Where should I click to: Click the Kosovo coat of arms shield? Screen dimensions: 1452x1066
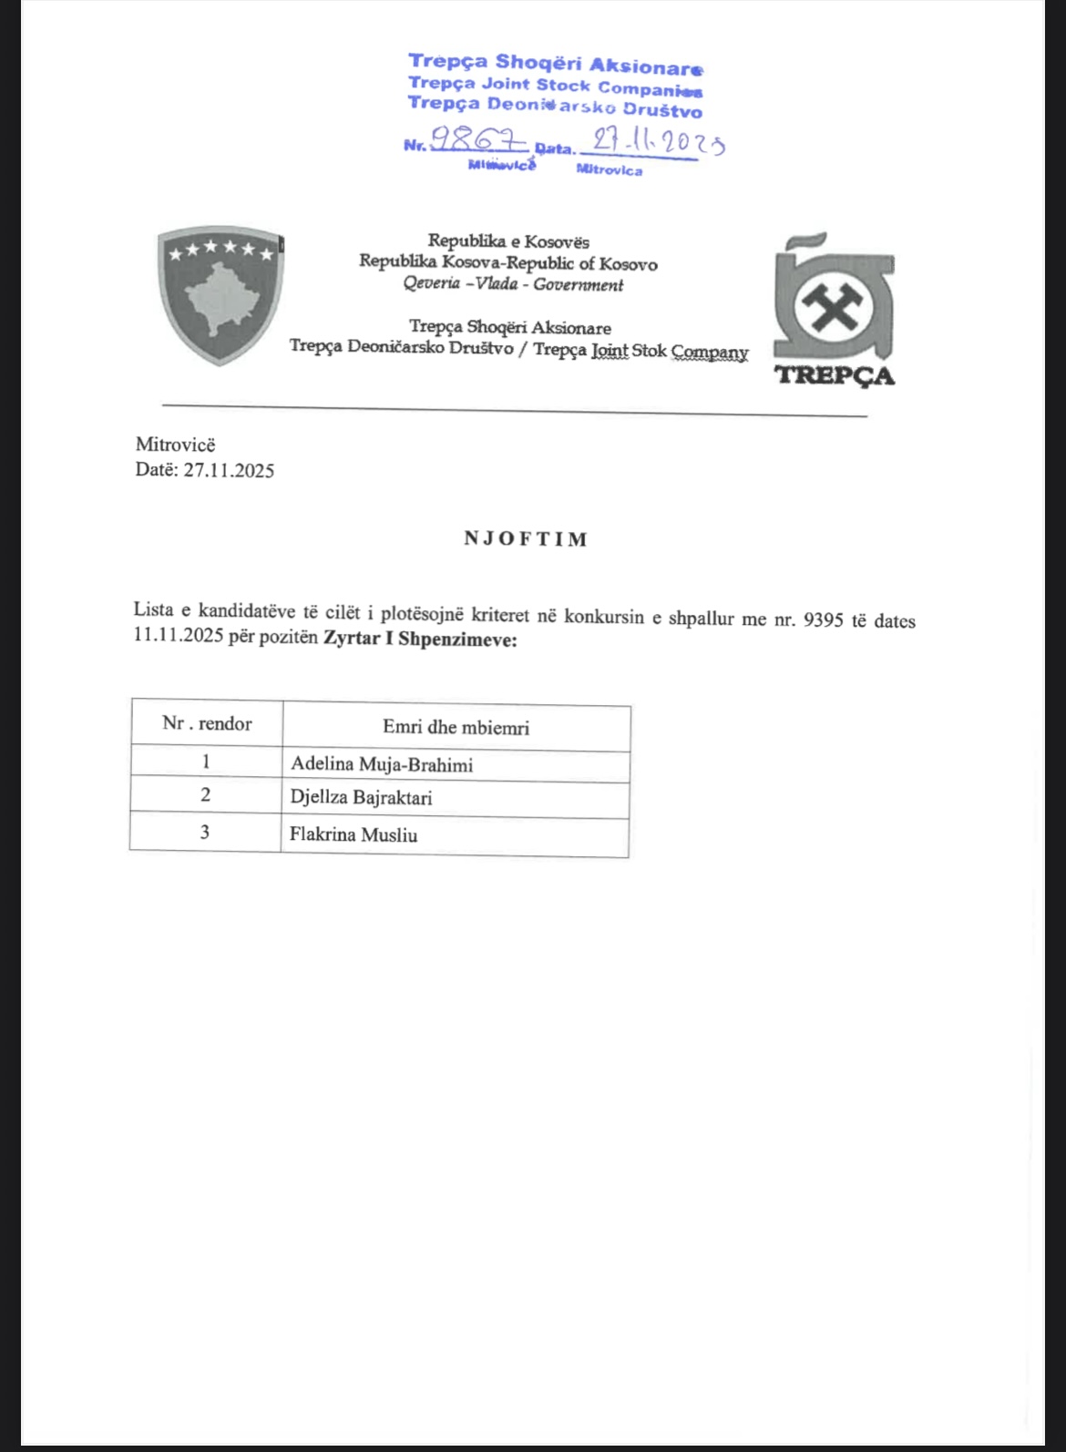(x=220, y=295)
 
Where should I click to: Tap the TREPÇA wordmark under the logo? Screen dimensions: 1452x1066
(x=835, y=375)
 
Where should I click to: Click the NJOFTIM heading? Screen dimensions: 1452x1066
(x=526, y=538)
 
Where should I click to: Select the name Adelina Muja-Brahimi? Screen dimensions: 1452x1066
(x=381, y=764)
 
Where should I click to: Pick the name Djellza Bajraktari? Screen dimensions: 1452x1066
(x=361, y=798)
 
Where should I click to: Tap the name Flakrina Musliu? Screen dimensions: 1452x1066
(x=354, y=834)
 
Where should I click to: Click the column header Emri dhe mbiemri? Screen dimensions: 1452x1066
(x=456, y=727)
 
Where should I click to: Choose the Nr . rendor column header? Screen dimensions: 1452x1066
(x=207, y=723)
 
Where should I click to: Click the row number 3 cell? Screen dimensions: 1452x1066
(x=205, y=832)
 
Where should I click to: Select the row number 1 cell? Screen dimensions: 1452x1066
(x=206, y=760)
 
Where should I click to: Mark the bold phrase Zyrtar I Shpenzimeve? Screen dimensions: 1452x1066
(x=420, y=639)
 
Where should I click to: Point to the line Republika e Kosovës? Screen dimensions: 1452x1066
(x=508, y=241)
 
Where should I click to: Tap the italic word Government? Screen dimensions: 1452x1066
(x=579, y=284)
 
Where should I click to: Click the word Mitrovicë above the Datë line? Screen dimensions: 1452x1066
(x=175, y=445)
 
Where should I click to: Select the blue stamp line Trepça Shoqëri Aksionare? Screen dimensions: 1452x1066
(x=555, y=63)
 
